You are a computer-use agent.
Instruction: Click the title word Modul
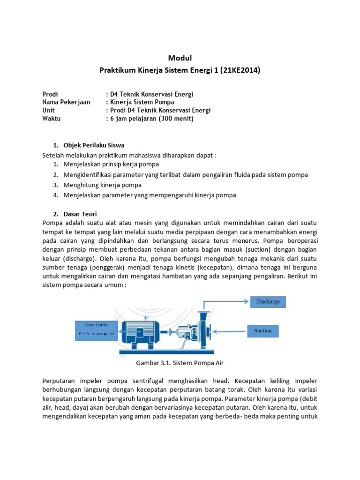[x=180, y=58]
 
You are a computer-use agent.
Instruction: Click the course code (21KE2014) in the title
[x=238, y=70]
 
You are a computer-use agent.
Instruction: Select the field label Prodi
[x=50, y=94]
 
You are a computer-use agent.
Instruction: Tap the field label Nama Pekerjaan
[x=66, y=102]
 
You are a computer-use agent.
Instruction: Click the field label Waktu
[x=52, y=118]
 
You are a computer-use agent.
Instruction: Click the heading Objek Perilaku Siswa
[x=94, y=144]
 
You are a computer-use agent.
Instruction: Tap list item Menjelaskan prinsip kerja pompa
[x=111, y=164]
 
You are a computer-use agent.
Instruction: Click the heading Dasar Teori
[x=80, y=214]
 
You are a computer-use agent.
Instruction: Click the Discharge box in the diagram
[x=268, y=301]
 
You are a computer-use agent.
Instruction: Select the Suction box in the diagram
[x=262, y=330]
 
